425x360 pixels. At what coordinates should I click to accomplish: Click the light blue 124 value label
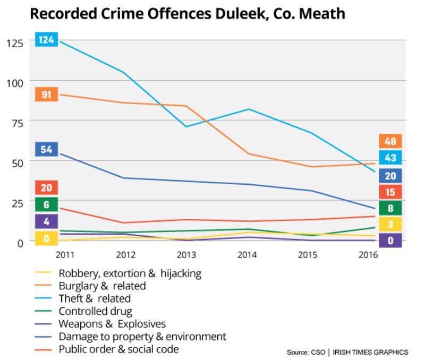pyautogui.click(x=46, y=40)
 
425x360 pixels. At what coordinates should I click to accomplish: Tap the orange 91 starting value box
pyautogui.click(x=46, y=94)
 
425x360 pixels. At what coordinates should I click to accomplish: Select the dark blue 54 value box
pyautogui.click(x=46, y=149)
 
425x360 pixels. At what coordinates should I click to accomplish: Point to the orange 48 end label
pyautogui.click(x=390, y=141)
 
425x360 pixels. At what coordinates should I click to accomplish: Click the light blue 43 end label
pyautogui.click(x=390, y=158)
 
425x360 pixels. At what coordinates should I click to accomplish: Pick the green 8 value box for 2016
pyautogui.click(x=390, y=208)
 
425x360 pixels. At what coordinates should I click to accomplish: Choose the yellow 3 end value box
pyautogui.click(x=390, y=224)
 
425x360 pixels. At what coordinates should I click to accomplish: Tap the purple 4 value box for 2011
pyautogui.click(x=46, y=221)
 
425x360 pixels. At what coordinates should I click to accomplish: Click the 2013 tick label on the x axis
pyautogui.click(x=186, y=255)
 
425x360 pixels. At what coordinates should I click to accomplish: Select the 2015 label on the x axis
pyautogui.click(x=308, y=255)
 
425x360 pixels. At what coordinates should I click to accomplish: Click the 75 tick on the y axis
pyautogui.click(x=17, y=122)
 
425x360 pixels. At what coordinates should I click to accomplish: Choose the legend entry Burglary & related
pyautogui.click(x=102, y=286)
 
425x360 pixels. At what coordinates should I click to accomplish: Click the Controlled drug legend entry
pyautogui.click(x=95, y=311)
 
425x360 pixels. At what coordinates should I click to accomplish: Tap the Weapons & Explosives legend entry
pyautogui.click(x=112, y=324)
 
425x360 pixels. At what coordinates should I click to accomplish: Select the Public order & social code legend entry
pyautogui.click(x=118, y=349)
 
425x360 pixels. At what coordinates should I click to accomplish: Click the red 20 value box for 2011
pyautogui.click(x=46, y=187)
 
